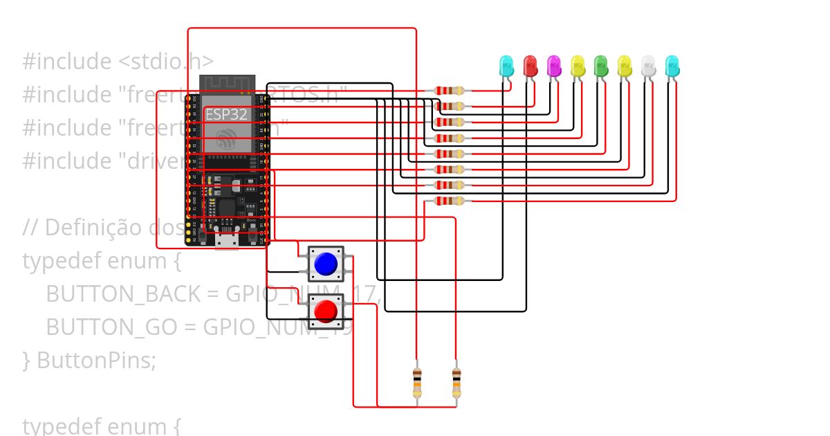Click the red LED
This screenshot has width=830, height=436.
coord(531,66)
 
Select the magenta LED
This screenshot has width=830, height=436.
coord(554,66)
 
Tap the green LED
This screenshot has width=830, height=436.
coord(601,66)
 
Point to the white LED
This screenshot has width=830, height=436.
coord(648,66)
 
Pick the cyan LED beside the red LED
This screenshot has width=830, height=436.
coord(506,66)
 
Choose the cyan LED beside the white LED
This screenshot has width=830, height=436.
coord(672,66)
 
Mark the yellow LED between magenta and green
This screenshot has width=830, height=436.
coord(578,66)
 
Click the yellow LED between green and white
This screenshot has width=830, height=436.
coord(625,66)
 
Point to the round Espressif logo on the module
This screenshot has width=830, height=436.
coord(226,138)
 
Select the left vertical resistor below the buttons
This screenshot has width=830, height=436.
coord(417,383)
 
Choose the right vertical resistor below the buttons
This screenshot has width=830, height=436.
coord(456,383)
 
